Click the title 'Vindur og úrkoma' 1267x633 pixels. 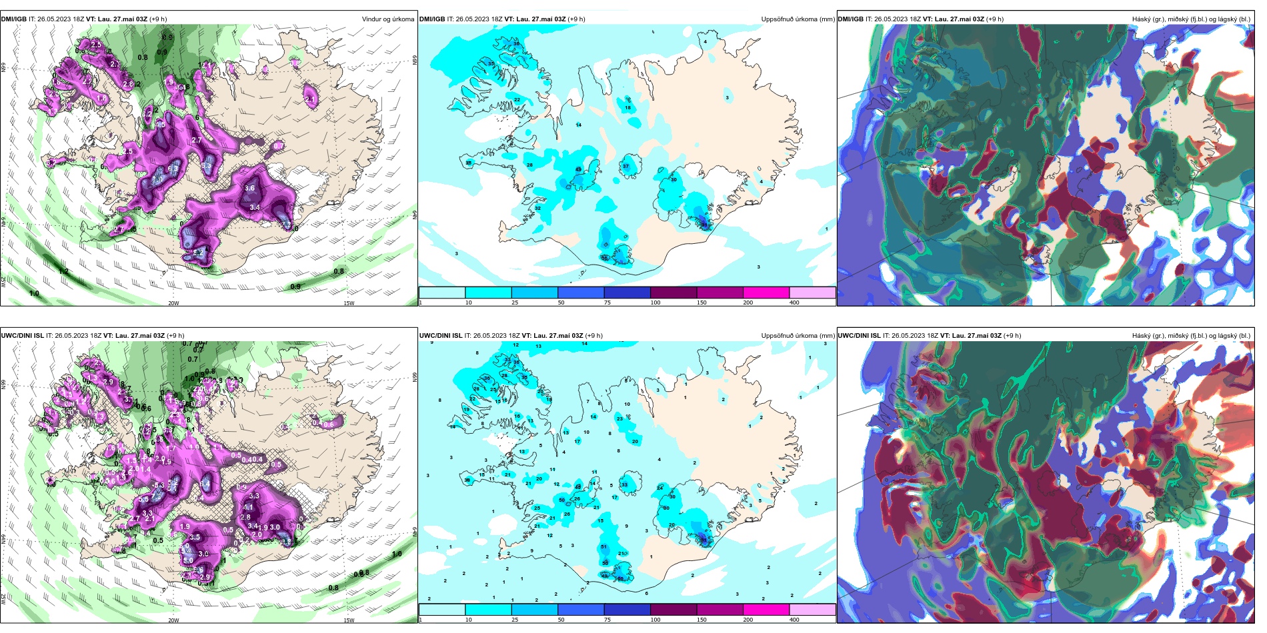tap(387, 19)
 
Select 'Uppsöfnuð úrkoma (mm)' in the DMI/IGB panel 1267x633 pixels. tap(798, 19)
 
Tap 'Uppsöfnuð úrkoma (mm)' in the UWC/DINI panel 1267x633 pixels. tap(798, 336)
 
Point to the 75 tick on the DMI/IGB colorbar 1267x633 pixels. tap(607, 303)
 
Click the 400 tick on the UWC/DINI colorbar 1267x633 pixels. tap(794, 620)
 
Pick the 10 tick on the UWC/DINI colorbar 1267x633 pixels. tap(468, 620)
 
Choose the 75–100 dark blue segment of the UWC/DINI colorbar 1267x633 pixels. tap(627, 610)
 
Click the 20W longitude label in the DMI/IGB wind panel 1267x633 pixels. tap(173, 303)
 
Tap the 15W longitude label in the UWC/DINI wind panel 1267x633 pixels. tap(348, 620)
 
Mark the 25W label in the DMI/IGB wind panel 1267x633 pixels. tap(4, 281)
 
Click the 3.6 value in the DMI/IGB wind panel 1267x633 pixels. tap(250, 189)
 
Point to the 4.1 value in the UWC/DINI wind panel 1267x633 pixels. tap(248, 508)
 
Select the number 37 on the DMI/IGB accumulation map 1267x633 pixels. tap(625, 166)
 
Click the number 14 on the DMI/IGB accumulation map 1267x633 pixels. tap(579, 125)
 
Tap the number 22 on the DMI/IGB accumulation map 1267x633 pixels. tap(517, 100)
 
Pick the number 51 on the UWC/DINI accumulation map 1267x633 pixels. tap(604, 547)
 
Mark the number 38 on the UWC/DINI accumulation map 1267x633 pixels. tap(468, 480)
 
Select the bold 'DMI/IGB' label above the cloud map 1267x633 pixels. tap(850, 19)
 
